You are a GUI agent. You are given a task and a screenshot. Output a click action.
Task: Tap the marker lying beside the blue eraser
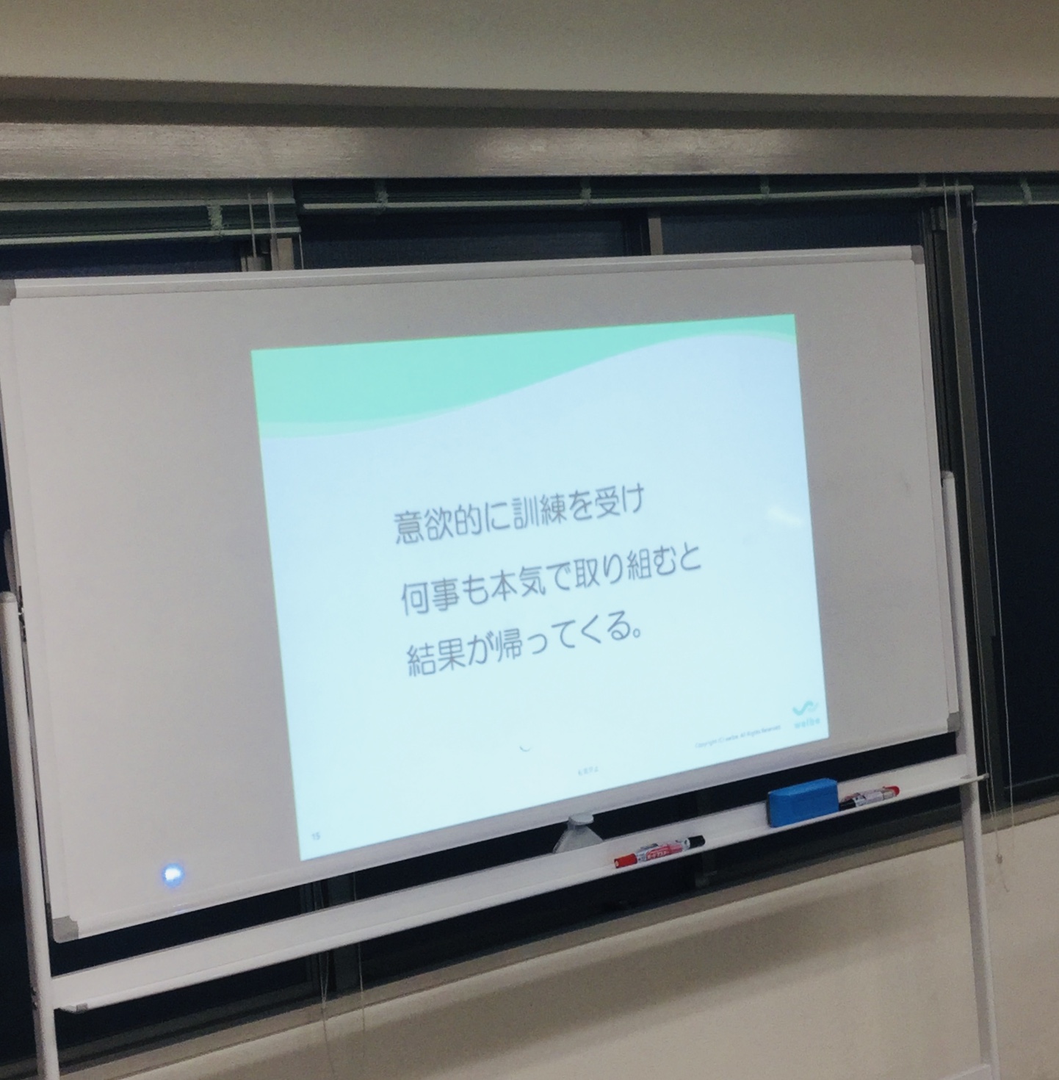[x=869, y=796]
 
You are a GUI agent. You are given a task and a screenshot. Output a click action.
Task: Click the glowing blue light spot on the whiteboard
[x=173, y=874]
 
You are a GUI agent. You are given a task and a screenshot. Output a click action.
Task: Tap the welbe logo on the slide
[x=807, y=714]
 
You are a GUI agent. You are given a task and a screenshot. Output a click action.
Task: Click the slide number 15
[x=316, y=835]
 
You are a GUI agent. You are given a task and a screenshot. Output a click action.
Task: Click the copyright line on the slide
[x=735, y=744]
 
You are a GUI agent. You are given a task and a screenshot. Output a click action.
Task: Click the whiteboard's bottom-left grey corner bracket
[x=62, y=929]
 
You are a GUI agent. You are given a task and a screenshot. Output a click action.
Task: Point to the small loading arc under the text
[x=525, y=747]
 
